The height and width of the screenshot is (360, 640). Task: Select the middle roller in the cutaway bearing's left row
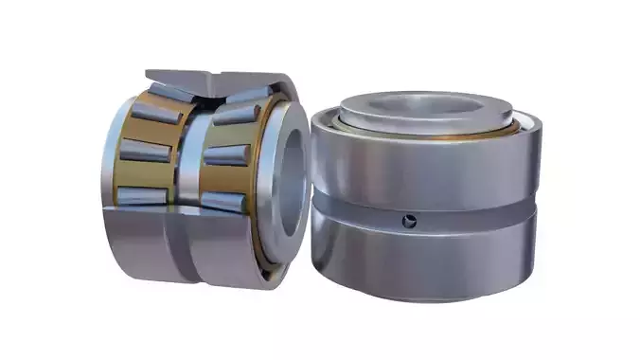[x=145, y=152]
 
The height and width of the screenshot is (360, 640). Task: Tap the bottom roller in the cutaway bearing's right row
[x=225, y=200]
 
